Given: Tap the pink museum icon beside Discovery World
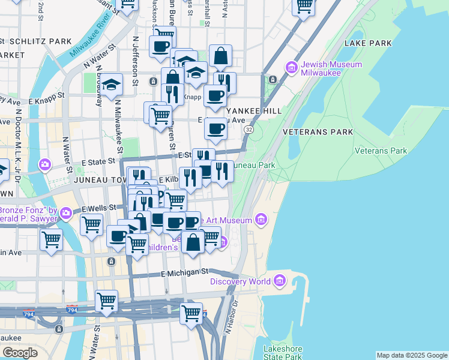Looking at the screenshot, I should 280,280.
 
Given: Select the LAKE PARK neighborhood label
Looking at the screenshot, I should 368,43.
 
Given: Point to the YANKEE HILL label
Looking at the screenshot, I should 253,111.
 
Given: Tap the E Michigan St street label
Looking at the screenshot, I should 185,273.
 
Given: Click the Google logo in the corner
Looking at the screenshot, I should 20,353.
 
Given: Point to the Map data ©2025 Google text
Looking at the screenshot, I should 412,355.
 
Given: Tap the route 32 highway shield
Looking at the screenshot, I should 249,129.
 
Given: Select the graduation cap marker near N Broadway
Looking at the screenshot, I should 111,85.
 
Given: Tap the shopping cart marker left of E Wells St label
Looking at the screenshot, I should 91,225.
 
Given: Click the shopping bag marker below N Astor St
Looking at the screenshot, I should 220,56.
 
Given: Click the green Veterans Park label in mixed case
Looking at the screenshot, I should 381,151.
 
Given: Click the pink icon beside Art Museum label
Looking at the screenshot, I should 261,220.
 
